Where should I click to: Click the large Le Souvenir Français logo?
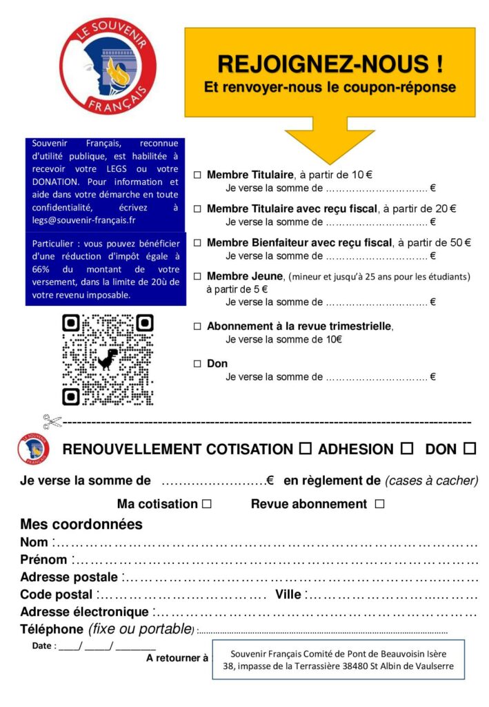(x=108, y=66)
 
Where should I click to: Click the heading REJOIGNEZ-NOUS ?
(x=330, y=64)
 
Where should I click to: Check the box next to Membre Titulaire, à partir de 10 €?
(x=197, y=175)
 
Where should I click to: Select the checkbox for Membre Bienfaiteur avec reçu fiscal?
(x=197, y=243)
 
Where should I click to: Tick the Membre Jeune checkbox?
(x=197, y=277)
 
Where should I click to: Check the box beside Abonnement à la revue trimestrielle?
(x=197, y=327)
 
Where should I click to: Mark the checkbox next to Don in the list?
(x=197, y=364)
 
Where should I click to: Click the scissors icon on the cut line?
(x=52, y=421)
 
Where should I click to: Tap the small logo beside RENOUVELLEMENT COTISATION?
(x=33, y=448)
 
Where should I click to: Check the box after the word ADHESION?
(x=407, y=449)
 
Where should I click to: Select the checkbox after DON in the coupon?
(x=470, y=449)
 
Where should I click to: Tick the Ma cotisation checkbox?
(x=207, y=505)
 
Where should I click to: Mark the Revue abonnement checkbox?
(x=379, y=504)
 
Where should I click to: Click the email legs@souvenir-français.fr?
(x=83, y=220)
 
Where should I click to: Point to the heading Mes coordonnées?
(x=81, y=524)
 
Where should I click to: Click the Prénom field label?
(x=43, y=560)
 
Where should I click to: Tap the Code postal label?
(x=56, y=594)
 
